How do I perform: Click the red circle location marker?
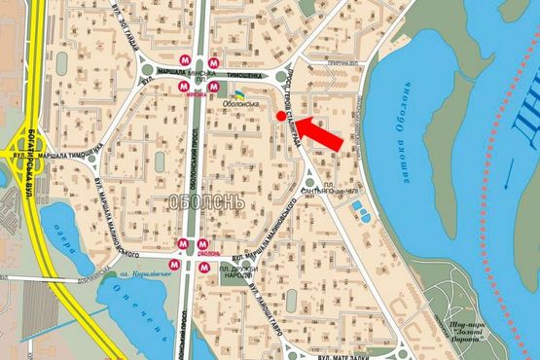[281, 117]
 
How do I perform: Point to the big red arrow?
[319, 133]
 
